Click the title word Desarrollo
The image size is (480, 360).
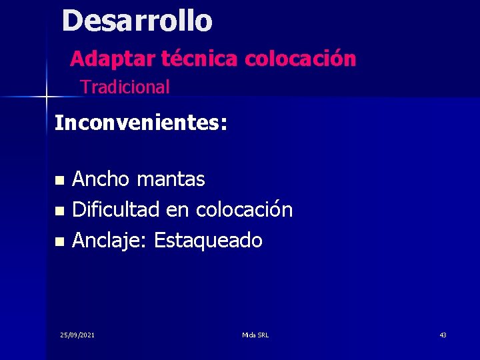tap(137, 21)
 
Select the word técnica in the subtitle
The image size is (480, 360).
tap(200, 59)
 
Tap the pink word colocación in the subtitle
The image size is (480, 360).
tap(300, 59)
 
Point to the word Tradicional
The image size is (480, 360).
tap(125, 87)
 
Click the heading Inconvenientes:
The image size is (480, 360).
tap(141, 123)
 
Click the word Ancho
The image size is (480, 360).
tap(101, 179)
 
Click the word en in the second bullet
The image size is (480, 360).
tap(177, 210)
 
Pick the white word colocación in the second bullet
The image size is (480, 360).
tap(244, 210)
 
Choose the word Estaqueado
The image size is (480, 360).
tap(208, 241)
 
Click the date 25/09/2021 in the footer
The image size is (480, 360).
tap(77, 335)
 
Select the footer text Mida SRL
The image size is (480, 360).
tap(255, 335)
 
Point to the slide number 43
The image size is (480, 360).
tap(443, 335)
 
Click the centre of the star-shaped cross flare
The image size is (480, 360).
tap(46, 97)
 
